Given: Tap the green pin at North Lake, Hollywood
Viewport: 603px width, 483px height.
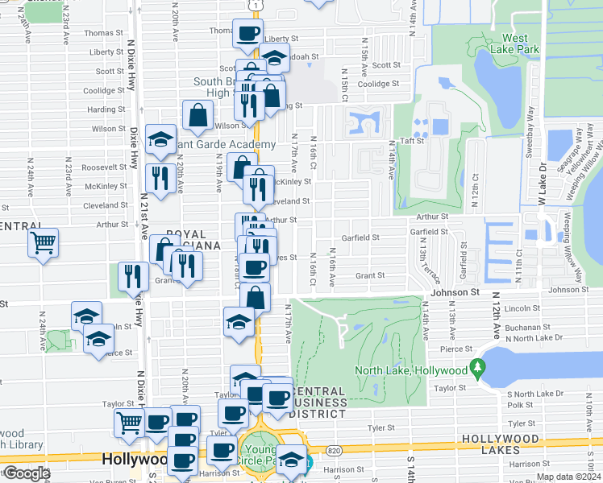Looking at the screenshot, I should [478, 369].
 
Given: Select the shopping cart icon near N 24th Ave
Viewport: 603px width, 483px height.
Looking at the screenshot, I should [43, 242].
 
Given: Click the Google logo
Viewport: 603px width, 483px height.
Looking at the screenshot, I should [26, 474].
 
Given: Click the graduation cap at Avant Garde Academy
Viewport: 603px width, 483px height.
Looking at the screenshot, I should [160, 138].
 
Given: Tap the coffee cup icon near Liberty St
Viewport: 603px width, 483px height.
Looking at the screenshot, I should [248, 34].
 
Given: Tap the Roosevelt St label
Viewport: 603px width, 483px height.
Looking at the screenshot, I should [100, 167].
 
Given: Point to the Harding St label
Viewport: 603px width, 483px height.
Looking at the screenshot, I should [106, 109].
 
